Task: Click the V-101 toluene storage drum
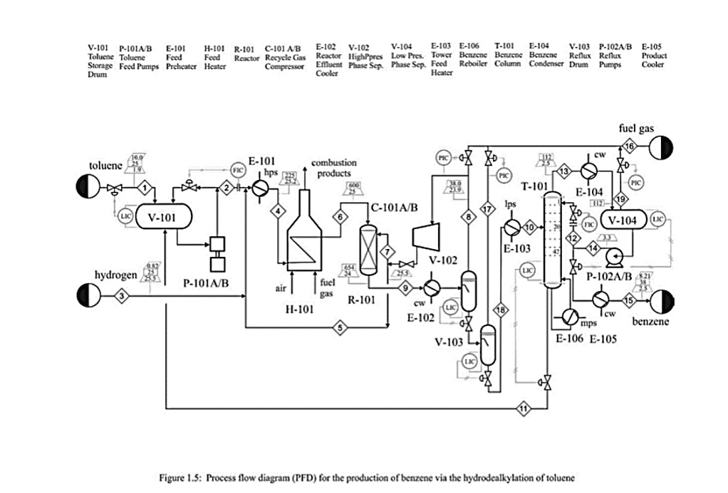tap(165, 216)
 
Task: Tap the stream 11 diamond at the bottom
tap(524, 409)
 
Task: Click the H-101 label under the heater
tap(299, 312)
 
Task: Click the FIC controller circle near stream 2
tap(237, 171)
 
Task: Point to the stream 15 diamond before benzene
tap(628, 299)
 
